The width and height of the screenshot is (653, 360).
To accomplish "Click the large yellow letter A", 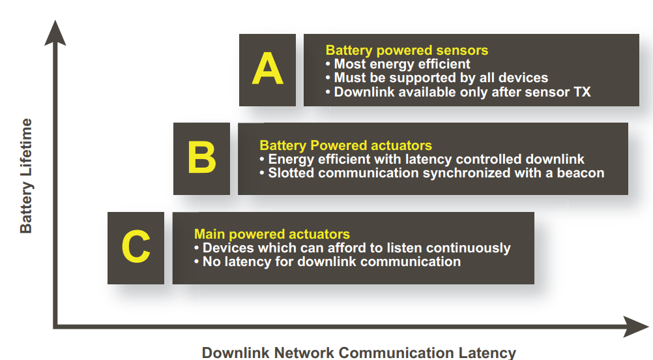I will point(267,70).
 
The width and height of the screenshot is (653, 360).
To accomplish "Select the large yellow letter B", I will point(201,158).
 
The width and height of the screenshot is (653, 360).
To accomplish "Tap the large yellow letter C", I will point(136,247).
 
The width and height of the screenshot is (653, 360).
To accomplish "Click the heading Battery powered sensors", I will point(407,50).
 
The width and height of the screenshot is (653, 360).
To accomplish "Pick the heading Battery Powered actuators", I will point(345,145).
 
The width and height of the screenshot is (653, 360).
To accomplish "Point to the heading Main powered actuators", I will point(272,234).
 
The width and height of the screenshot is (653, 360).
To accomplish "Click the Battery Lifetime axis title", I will point(26,175).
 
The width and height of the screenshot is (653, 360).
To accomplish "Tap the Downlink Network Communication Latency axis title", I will point(358,353).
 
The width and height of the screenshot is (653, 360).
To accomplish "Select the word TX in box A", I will point(582,92).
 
